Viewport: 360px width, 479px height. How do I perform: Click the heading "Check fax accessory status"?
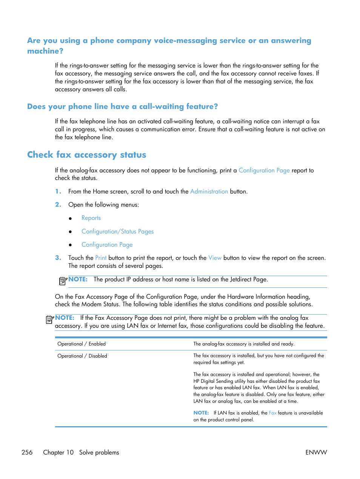pos(86,155)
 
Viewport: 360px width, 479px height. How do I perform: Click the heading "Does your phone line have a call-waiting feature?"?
pos(122,107)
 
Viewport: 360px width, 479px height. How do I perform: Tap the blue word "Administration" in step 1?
pos(209,192)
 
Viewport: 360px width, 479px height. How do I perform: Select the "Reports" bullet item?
pos(91,218)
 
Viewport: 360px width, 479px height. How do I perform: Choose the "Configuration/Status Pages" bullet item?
pos(117,232)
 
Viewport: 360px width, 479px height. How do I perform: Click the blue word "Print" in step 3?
pos(101,258)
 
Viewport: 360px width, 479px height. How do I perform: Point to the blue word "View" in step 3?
pos(215,258)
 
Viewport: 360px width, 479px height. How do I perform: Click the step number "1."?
pos(58,192)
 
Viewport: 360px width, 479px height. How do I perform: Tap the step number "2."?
pos(58,205)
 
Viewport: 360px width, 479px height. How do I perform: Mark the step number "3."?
pos(58,258)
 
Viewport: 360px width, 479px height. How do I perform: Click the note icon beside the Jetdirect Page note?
pos(63,281)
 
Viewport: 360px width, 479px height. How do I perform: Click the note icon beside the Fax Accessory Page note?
pos(50,320)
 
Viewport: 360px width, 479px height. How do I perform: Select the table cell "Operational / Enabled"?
pos(82,344)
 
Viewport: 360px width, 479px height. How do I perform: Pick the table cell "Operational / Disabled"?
pos(82,356)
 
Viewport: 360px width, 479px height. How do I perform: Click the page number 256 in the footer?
pos(27,452)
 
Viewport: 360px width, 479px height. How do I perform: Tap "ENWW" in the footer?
pos(316,452)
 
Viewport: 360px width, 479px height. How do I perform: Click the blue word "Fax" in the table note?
pos(272,413)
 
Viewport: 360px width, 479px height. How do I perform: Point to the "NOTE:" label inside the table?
pos(201,413)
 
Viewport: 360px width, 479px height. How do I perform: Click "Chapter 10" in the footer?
pos(58,452)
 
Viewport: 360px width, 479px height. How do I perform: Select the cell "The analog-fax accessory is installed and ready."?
pos(244,344)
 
